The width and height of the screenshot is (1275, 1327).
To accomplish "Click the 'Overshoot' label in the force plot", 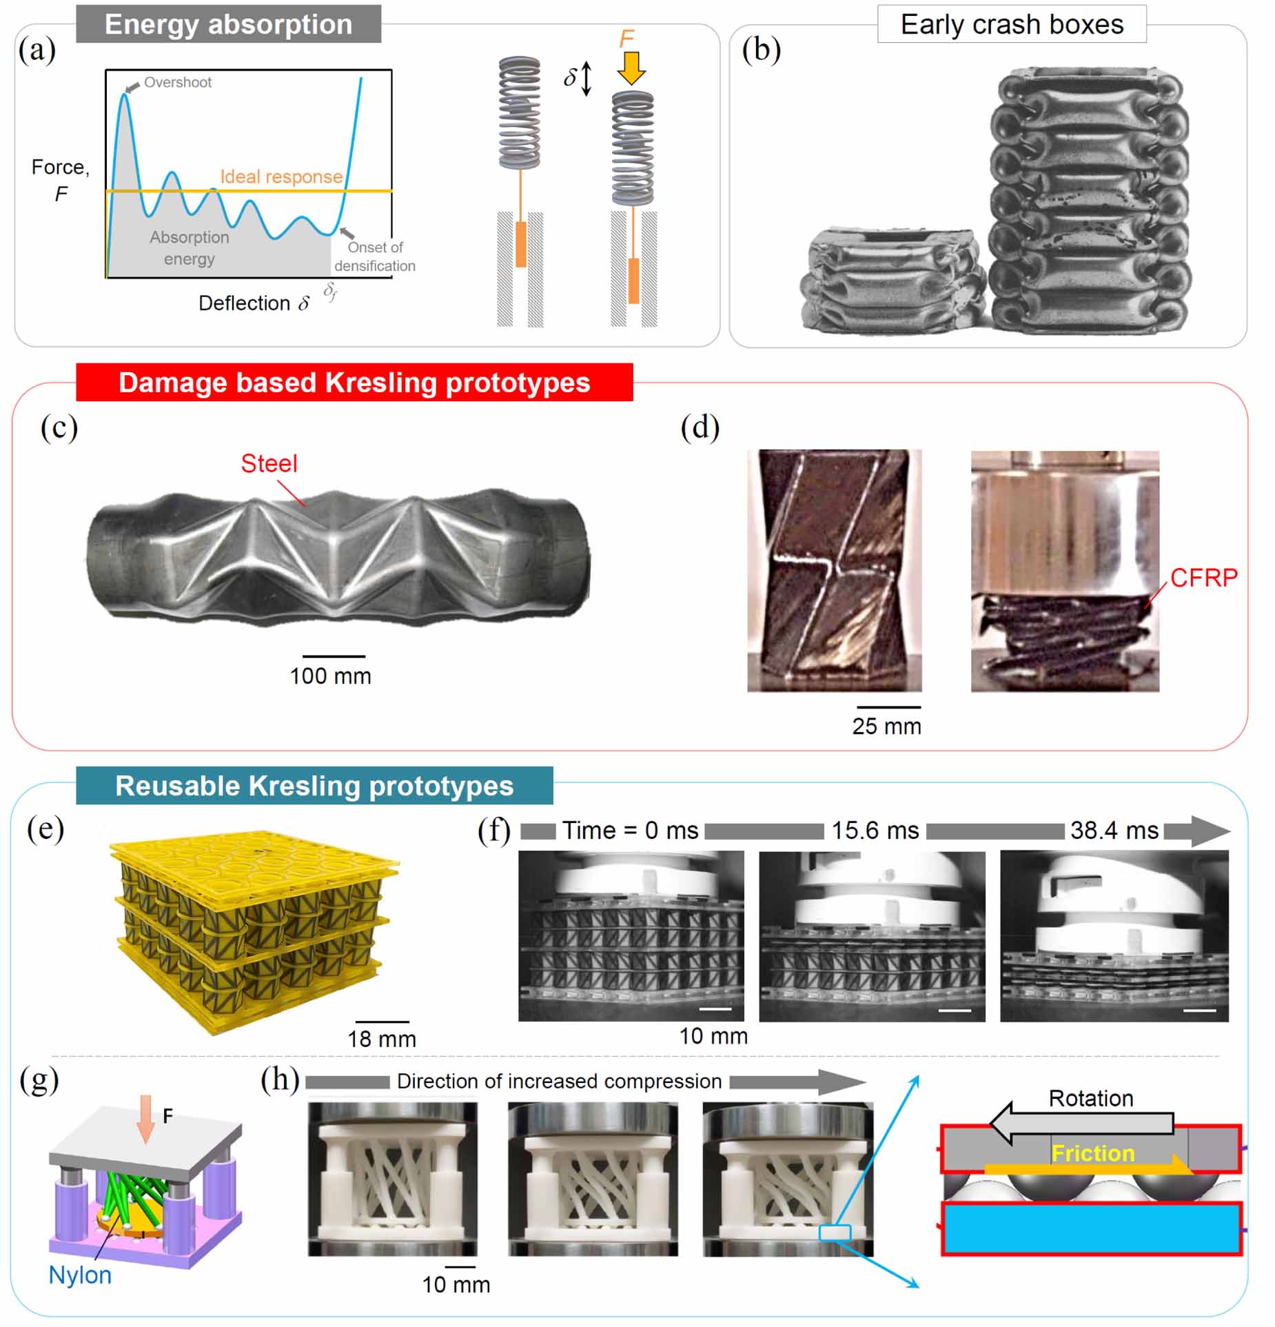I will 177,83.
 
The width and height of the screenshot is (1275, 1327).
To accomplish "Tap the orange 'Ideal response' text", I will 281,176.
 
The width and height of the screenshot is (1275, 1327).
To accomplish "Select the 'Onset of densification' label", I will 374,256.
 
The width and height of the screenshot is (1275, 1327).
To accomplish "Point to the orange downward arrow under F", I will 630,68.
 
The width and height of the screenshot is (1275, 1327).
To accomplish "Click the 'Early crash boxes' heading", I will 1011,25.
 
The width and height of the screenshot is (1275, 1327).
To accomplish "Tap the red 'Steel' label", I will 269,463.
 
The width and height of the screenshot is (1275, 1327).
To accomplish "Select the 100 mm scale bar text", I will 330,676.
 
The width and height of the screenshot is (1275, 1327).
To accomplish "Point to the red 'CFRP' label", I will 1203,578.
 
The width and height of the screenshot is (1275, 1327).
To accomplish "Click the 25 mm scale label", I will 886,726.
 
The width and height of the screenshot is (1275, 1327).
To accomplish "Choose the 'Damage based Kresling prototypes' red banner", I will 354,383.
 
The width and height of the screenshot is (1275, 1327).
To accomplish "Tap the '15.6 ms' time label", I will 875,831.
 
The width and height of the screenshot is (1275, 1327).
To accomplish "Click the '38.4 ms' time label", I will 1114,831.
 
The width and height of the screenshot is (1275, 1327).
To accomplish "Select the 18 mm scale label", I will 381,1039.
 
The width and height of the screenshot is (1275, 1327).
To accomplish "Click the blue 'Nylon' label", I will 80,1275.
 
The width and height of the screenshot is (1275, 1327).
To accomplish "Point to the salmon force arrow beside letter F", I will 145,1117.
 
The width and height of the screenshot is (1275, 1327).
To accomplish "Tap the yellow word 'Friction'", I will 1092,1153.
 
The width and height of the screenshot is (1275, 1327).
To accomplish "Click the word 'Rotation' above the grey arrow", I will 1090,1098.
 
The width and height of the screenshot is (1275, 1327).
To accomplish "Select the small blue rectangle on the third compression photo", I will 835,1233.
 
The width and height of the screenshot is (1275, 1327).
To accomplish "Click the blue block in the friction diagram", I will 1090,1228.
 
